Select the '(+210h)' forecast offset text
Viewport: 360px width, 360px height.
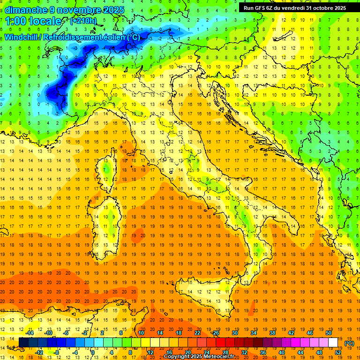(x=83, y=21)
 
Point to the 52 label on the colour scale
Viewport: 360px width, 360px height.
(x=338, y=352)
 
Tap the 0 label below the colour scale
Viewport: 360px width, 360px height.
(x=93, y=352)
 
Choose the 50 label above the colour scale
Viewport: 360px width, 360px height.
(x=329, y=333)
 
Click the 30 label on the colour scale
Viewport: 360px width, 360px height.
(x=235, y=333)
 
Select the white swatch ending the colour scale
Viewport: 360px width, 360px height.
(x=333, y=343)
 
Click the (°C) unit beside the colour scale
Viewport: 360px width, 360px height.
(x=349, y=343)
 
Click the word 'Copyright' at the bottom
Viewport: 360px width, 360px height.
(x=179, y=357)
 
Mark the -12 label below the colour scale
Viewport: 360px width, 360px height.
(x=39, y=352)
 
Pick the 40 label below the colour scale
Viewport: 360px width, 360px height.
(x=282, y=352)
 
